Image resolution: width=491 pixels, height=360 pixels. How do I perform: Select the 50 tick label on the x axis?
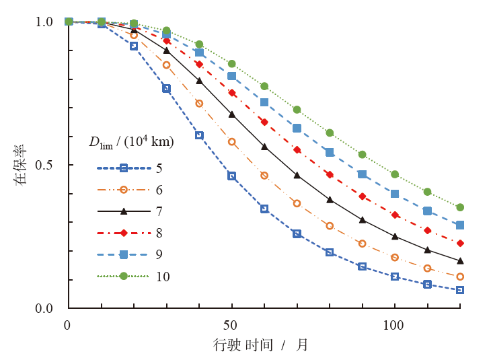(231, 326)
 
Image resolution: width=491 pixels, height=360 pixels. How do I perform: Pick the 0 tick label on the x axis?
(68, 326)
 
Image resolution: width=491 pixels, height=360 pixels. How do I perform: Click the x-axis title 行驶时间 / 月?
(260, 345)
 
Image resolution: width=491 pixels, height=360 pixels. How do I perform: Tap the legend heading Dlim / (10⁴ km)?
(131, 142)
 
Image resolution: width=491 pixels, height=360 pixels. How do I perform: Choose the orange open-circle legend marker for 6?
(124, 190)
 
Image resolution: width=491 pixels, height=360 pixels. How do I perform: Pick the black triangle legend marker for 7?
(124, 211)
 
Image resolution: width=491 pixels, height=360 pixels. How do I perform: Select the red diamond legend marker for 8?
(124, 233)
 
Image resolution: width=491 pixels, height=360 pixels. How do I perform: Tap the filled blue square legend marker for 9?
(124, 254)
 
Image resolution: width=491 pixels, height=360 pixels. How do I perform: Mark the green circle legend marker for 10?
(124, 276)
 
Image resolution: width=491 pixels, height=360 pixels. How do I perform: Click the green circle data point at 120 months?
(460, 207)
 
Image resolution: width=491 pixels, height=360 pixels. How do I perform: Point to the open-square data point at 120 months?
(460, 290)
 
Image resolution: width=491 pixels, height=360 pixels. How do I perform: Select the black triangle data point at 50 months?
(232, 114)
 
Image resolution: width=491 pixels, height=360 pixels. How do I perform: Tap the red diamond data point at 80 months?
(330, 174)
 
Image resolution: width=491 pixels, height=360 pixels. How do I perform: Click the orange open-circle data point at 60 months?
(264, 176)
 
